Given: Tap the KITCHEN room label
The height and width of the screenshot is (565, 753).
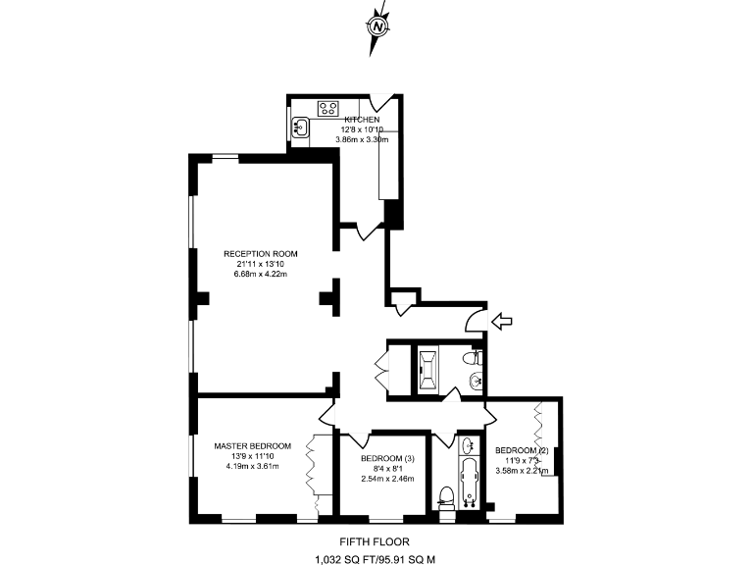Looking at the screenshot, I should (362, 120).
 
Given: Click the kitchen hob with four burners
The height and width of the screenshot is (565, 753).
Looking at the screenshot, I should (328, 108).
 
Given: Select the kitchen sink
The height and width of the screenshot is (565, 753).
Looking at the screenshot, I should (301, 126).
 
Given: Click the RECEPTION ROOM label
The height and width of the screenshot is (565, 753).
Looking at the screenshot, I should (260, 254).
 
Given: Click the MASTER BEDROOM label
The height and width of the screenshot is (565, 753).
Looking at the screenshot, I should (253, 445).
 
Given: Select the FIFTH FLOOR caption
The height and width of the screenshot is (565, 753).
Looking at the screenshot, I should (374, 541).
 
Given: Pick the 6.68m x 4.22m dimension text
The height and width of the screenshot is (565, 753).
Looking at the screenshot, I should (260, 274).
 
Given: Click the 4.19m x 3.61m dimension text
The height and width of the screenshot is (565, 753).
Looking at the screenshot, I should (252, 466).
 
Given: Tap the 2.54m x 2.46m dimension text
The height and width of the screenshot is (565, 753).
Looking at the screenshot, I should (387, 479).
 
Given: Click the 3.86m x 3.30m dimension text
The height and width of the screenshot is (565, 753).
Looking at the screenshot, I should (362, 139).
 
